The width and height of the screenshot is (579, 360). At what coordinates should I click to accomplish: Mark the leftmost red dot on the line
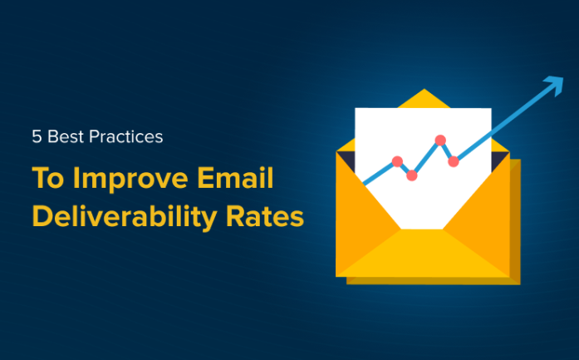397,161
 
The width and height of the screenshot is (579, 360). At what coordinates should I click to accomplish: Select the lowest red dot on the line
412,175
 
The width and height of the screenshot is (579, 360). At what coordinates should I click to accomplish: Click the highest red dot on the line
440,141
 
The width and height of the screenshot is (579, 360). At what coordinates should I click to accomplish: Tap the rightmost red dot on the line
454,161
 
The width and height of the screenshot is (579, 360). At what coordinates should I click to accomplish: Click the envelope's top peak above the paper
423,98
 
